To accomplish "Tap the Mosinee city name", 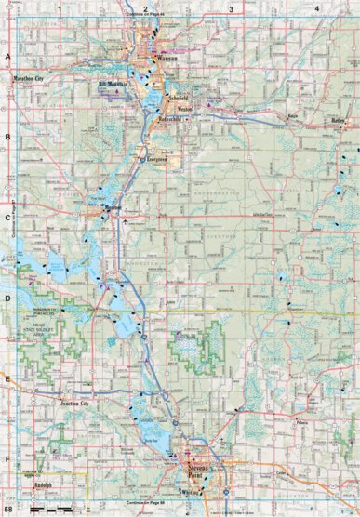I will [112, 207].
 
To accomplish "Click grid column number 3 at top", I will [230, 8].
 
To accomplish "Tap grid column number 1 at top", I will [59, 8].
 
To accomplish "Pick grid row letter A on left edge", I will [7, 56].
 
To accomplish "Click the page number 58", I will [7, 510].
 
